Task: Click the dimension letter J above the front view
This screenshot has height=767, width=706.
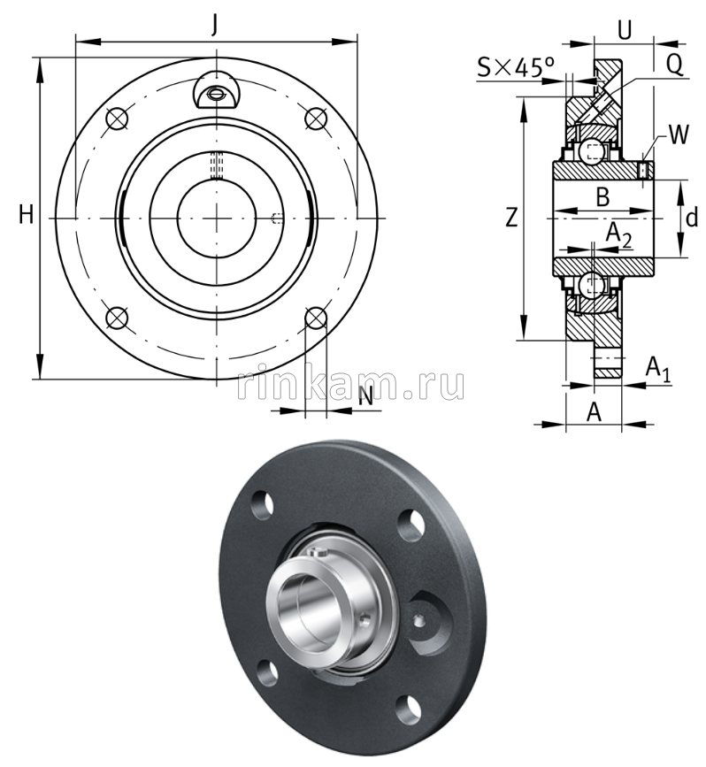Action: click(214, 25)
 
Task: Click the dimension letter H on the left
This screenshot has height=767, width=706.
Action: click(27, 214)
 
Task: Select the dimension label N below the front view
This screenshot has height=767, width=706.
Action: click(364, 397)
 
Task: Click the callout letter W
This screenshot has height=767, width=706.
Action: click(678, 134)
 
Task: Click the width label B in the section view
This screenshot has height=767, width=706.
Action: click(602, 196)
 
